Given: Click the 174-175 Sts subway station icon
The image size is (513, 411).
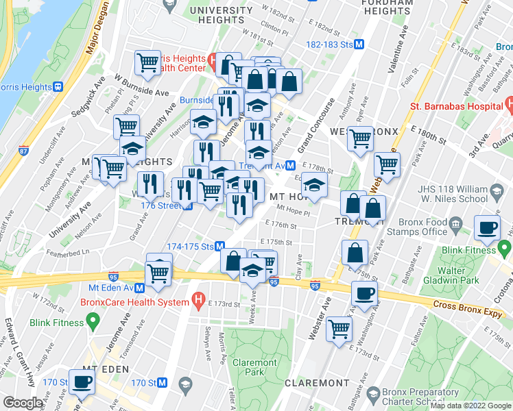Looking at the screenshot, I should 220,246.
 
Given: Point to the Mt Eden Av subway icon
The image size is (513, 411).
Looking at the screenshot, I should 139,288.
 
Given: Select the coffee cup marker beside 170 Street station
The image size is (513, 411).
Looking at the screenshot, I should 82,384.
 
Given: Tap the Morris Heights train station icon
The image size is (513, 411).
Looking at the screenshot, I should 58,87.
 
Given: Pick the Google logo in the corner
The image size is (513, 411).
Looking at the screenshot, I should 22,403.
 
